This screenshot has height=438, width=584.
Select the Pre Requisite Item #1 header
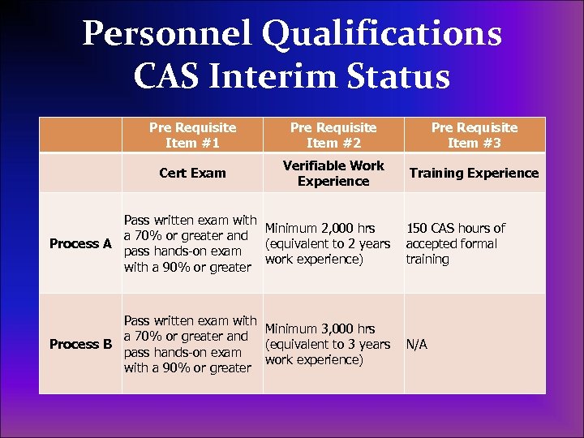pyautogui.click(x=192, y=135)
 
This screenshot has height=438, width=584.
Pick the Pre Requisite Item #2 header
pyautogui.click(x=333, y=135)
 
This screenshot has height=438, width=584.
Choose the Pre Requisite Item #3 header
pyautogui.click(x=474, y=135)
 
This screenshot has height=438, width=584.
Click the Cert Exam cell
pyautogui.click(x=192, y=173)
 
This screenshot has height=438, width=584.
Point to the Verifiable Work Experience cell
pyautogui.click(x=333, y=173)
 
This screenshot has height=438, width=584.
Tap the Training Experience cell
pyautogui.click(x=474, y=173)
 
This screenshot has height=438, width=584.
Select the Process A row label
pyautogui.click(x=80, y=243)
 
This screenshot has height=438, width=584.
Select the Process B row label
pyautogui.click(x=80, y=344)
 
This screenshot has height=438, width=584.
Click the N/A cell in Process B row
pyautogui.click(x=417, y=344)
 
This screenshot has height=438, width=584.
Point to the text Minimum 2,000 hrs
pyautogui.click(x=320, y=228)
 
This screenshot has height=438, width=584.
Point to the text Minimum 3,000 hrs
pyautogui.click(x=320, y=328)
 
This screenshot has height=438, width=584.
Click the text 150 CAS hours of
pyautogui.click(x=456, y=228)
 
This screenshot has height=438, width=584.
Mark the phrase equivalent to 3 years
pyautogui.click(x=328, y=344)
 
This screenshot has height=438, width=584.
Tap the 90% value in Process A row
pyautogui.click(x=166, y=267)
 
